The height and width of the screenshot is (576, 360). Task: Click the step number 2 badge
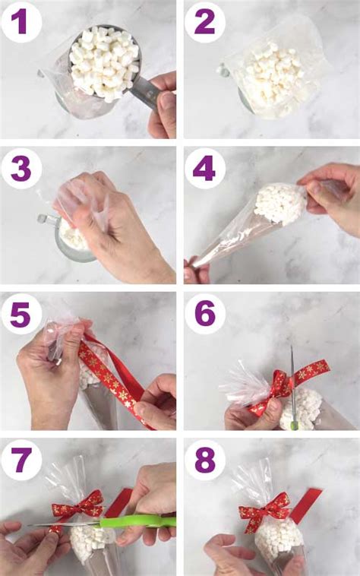click(x=204, y=23)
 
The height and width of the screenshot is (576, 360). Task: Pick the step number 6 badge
click(x=204, y=313)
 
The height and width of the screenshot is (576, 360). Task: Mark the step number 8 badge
click(x=204, y=459)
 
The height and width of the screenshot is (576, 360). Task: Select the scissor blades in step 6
click(x=292, y=380)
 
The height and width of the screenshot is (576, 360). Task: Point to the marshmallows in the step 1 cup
click(x=104, y=61)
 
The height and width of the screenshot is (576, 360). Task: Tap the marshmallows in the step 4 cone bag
click(x=279, y=204)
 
